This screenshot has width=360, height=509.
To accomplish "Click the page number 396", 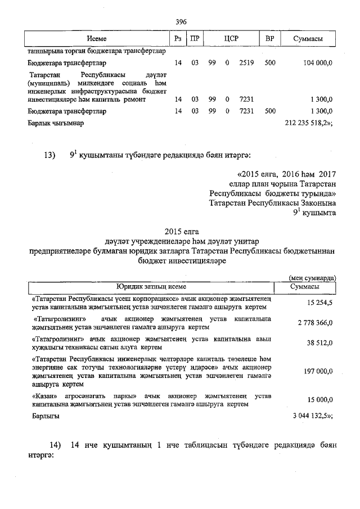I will point(181,21).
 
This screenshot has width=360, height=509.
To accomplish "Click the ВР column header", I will point(269,38).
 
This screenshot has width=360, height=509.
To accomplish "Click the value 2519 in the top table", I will point(246,63).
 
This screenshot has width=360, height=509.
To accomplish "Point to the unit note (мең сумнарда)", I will point(312,278).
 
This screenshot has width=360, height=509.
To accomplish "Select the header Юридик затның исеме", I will point(151,286).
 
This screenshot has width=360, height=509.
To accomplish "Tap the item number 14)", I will point(55,445).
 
